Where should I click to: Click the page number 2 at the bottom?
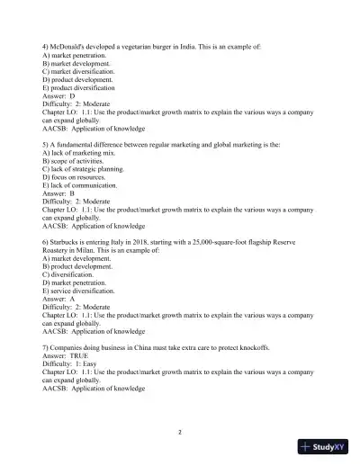click(x=180, y=432)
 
